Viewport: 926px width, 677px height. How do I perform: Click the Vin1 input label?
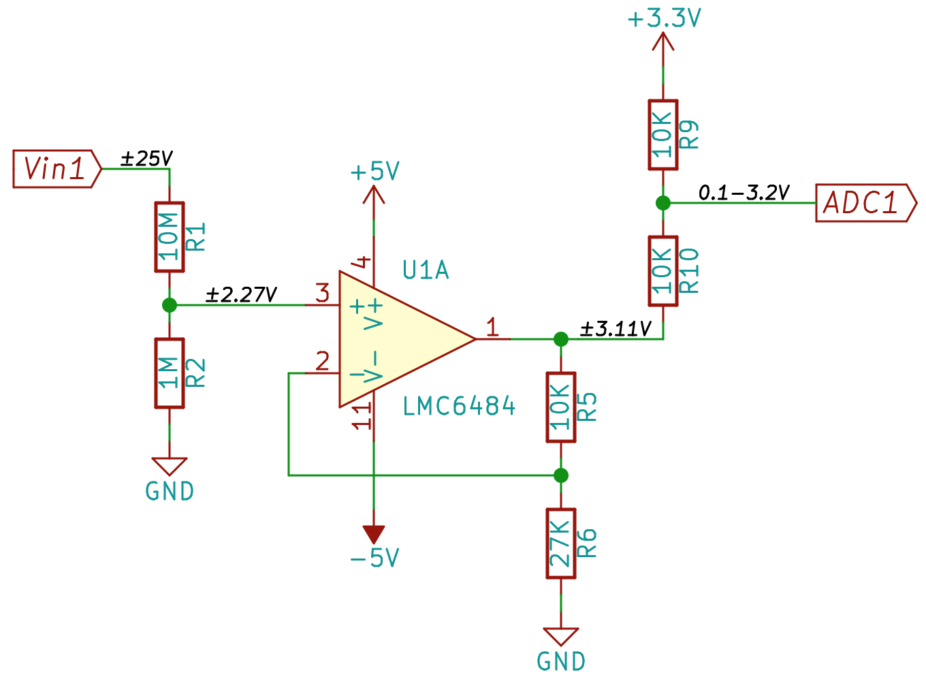point(57,169)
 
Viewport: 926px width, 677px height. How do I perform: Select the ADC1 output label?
point(865,203)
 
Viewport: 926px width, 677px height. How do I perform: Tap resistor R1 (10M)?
point(170,237)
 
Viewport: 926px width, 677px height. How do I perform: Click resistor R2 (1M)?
point(170,373)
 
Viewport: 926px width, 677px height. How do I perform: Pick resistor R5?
point(561,407)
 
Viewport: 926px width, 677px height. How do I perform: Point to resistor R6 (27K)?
point(561,543)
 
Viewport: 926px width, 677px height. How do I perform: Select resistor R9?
point(663,135)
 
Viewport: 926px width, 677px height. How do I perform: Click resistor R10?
point(663,271)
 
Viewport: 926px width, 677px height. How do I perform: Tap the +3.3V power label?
point(664,19)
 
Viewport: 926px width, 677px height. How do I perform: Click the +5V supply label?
point(375,171)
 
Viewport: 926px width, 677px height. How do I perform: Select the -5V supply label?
point(374,558)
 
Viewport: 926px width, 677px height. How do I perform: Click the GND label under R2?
point(170,491)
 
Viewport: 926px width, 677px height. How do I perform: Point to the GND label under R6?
point(561,661)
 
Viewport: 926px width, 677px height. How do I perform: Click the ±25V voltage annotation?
point(146,159)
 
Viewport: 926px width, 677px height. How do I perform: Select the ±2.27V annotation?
point(241,294)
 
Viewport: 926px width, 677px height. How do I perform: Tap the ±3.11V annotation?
point(616,329)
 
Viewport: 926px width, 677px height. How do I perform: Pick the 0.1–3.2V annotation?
point(744,193)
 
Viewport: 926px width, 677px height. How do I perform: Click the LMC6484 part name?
point(459,406)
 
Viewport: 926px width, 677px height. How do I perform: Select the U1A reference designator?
point(426,270)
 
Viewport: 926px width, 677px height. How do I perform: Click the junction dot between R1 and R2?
point(170,305)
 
